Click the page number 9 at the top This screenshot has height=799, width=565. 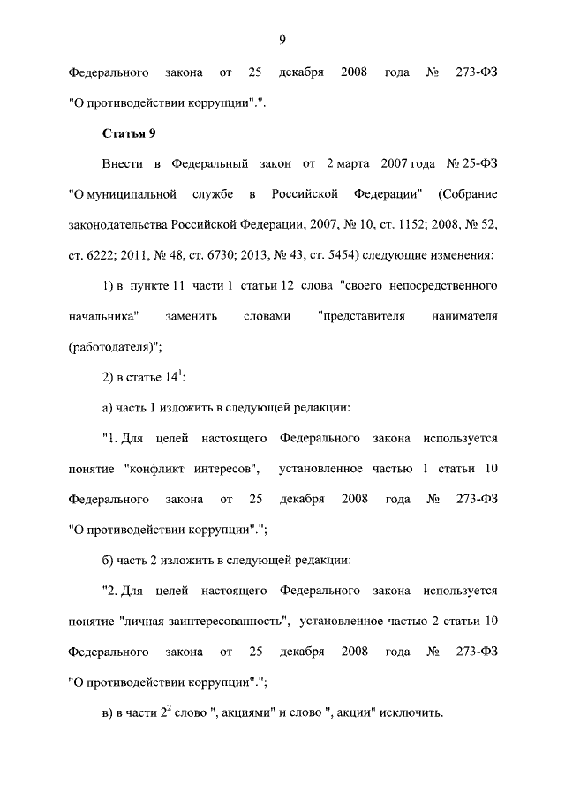[282, 38]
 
